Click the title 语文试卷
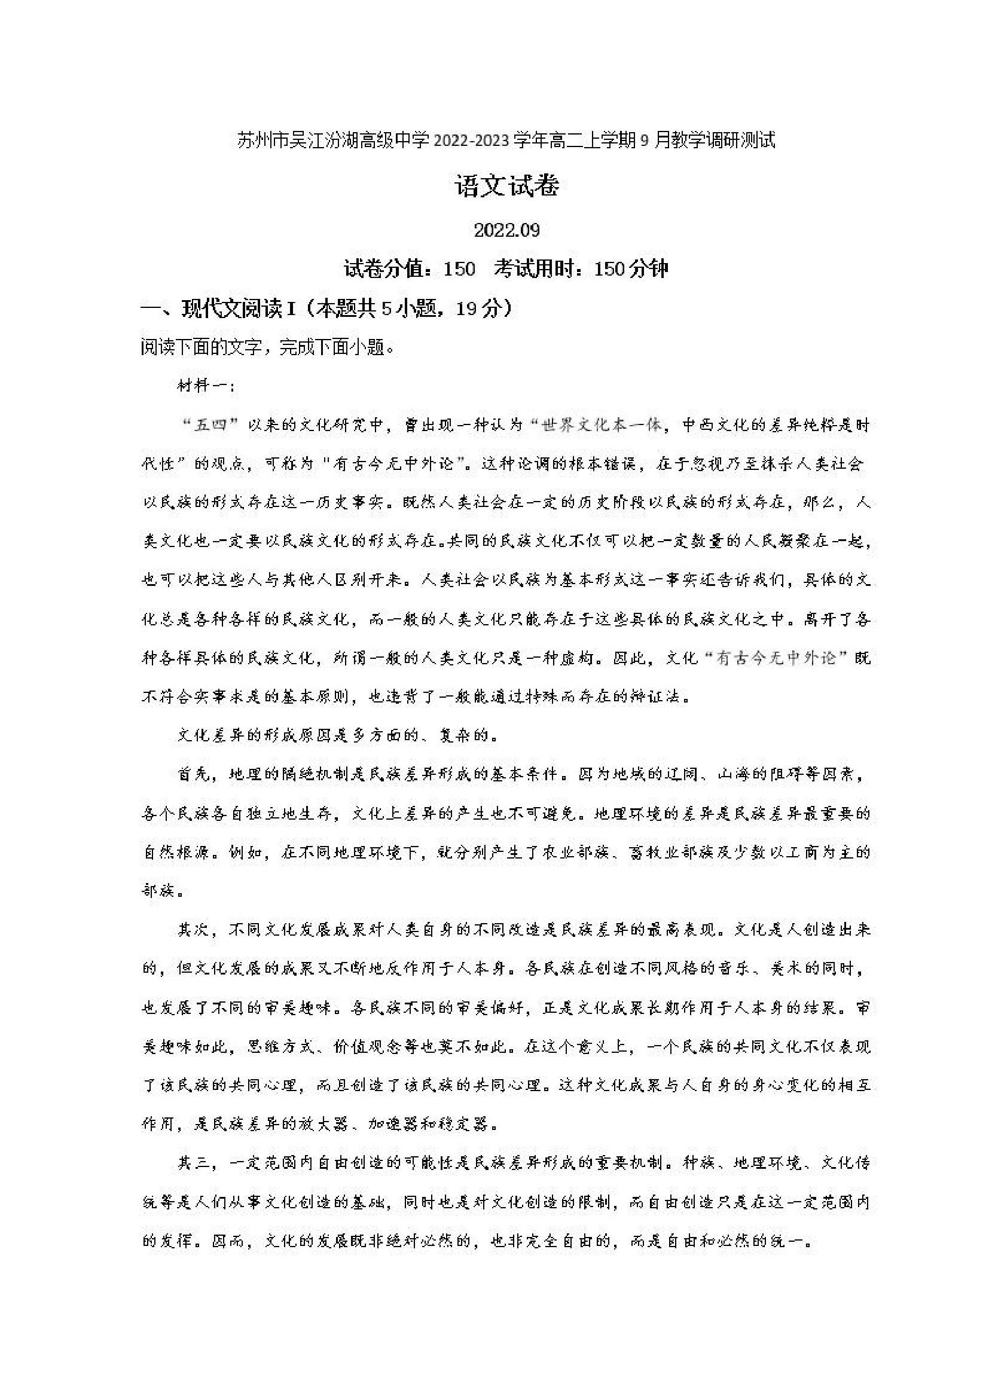coord(506,187)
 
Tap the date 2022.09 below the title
coord(506,230)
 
